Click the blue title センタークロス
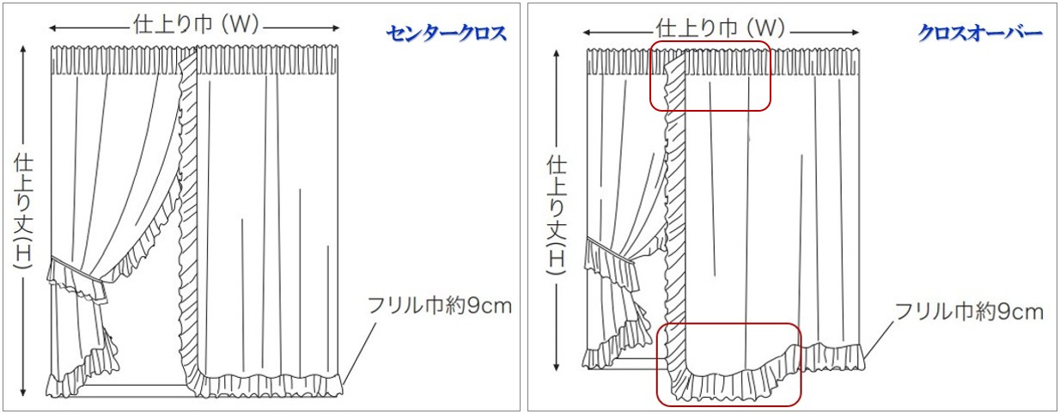pos(446,33)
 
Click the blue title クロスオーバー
pos(979,33)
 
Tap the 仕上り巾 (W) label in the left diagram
pos(197,25)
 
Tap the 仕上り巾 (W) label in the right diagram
pos(721,28)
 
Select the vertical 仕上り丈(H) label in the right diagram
pos(556,215)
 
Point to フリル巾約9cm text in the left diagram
pos(439,305)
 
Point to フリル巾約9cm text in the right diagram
pos(969,311)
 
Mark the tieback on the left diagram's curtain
pos(77,270)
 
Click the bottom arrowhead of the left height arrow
pos(22,394)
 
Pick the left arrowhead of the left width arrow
pos(55,26)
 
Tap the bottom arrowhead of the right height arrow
pos(557,368)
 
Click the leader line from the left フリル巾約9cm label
pos(362,348)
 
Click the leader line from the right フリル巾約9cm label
pos(881,338)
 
